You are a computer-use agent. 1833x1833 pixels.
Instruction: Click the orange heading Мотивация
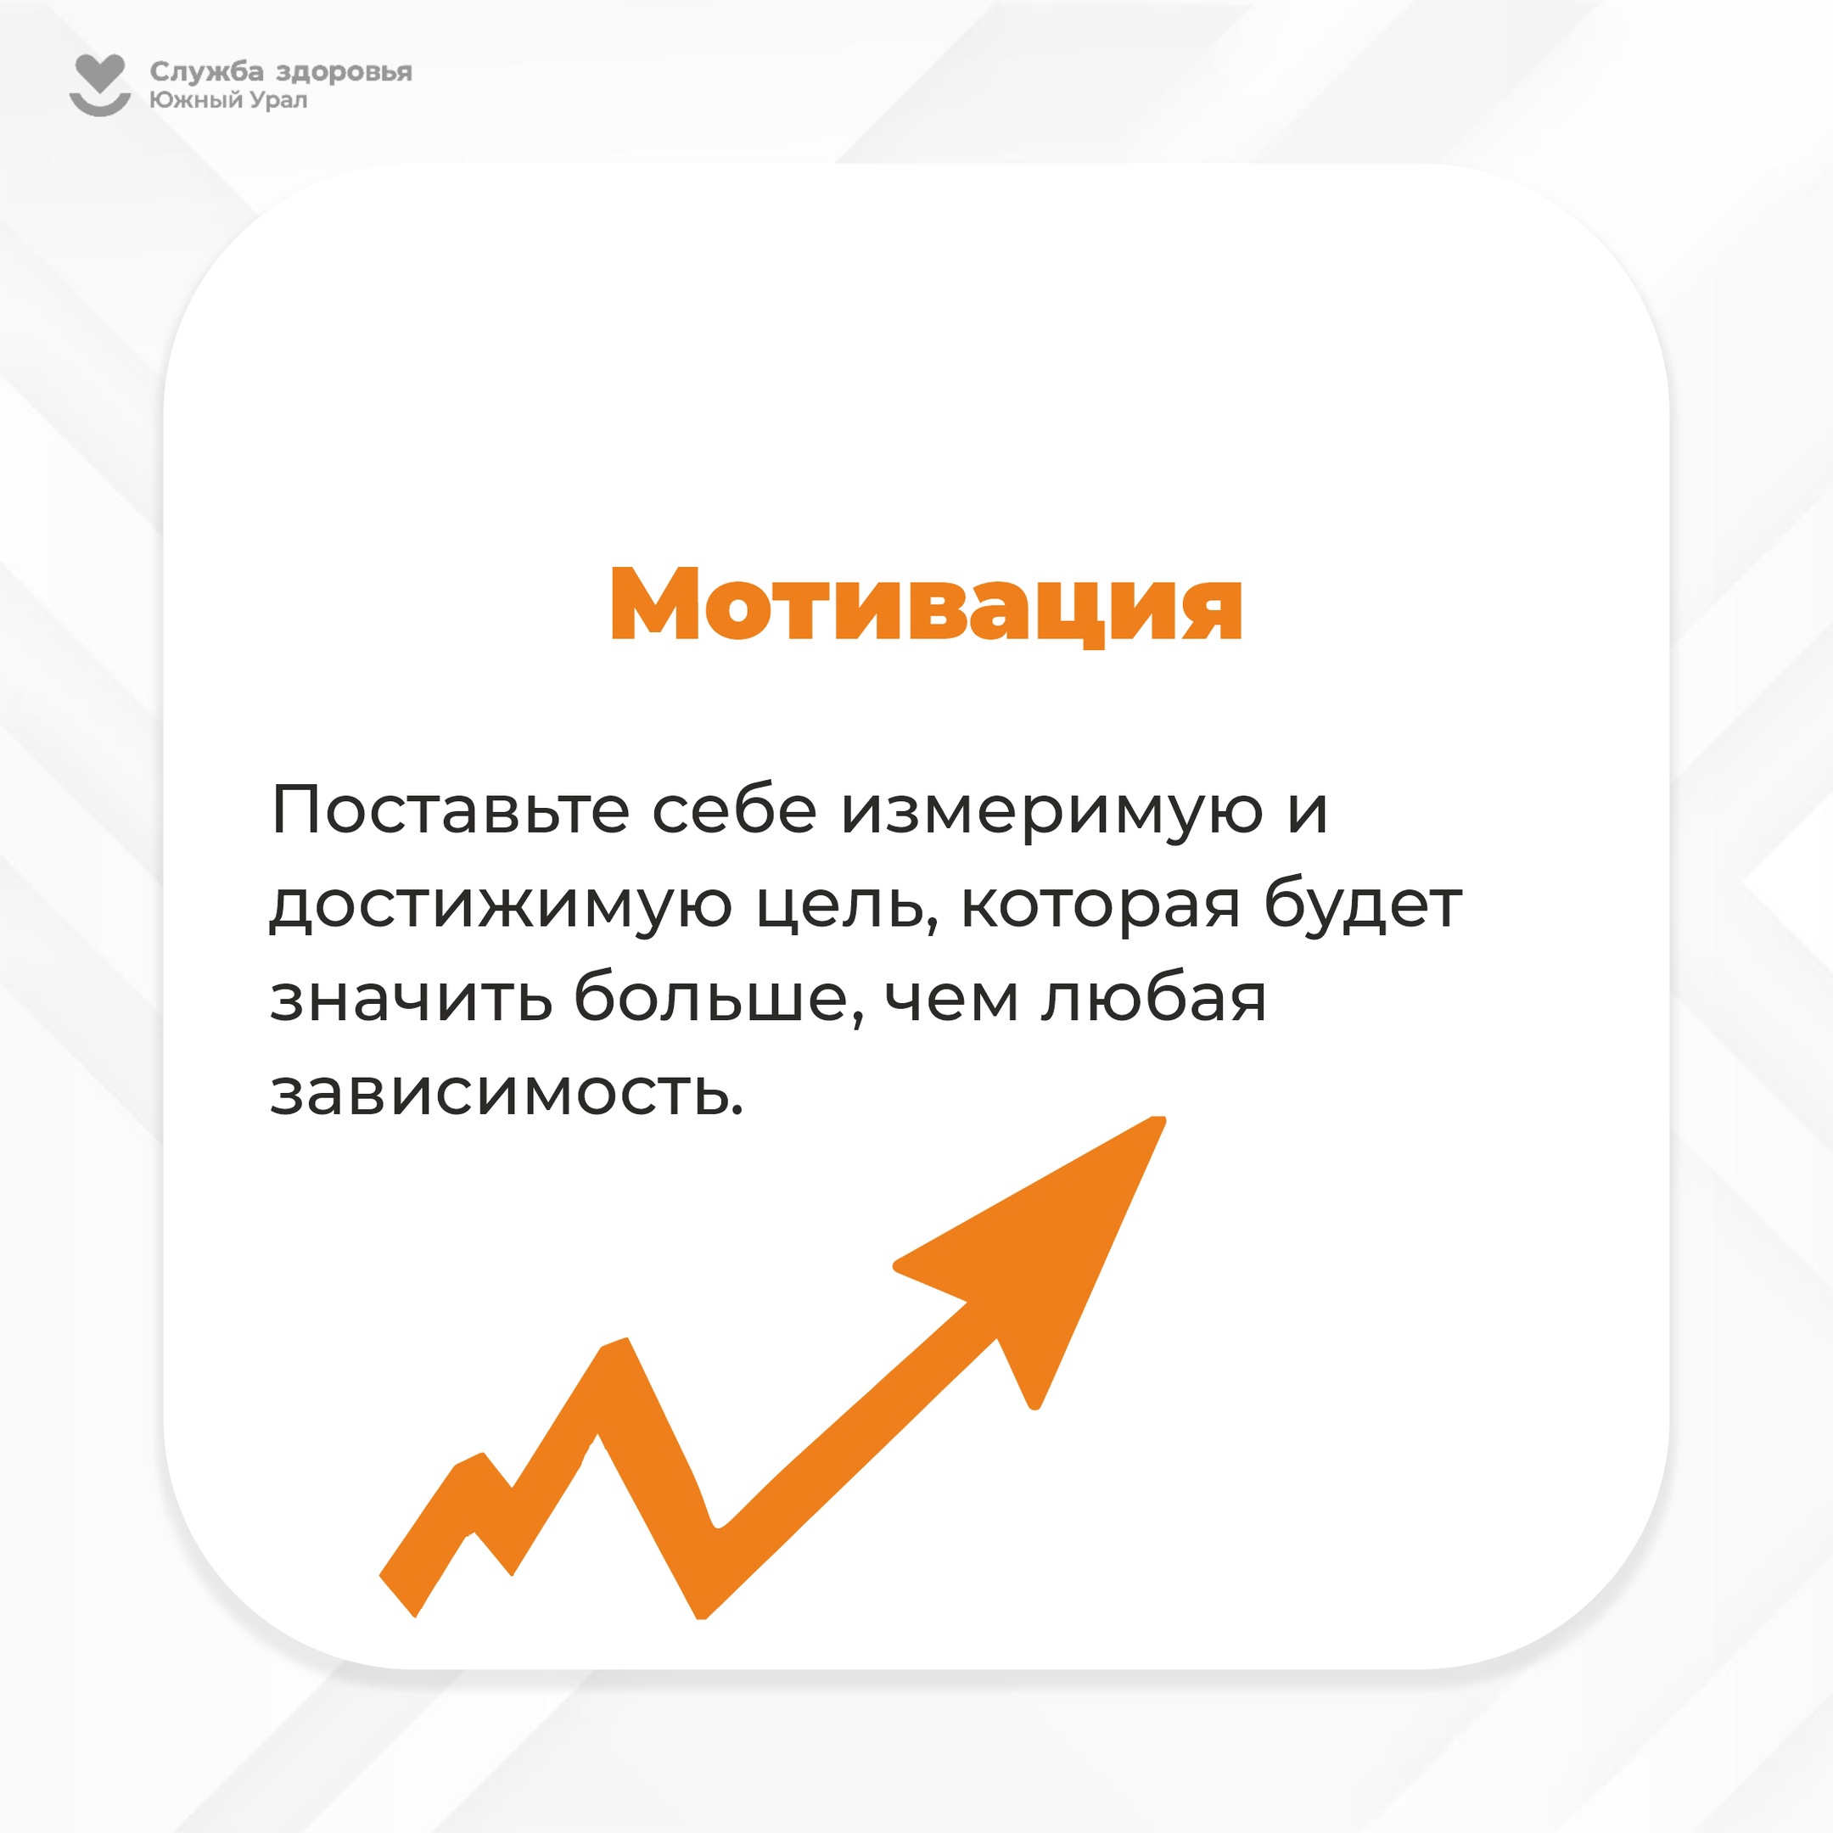(926, 604)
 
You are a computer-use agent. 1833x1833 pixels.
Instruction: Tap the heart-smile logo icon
(99, 86)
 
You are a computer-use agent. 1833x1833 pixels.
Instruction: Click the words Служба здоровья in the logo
(281, 72)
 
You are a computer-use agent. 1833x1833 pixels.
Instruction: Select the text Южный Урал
(227, 99)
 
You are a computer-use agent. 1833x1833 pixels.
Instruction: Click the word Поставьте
(450, 810)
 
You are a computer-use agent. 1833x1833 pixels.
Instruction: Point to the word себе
(734, 811)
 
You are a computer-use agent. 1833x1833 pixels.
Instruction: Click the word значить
(411, 999)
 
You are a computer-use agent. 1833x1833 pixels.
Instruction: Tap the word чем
(952, 999)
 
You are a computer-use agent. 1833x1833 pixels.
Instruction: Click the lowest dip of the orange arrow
(701, 1613)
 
